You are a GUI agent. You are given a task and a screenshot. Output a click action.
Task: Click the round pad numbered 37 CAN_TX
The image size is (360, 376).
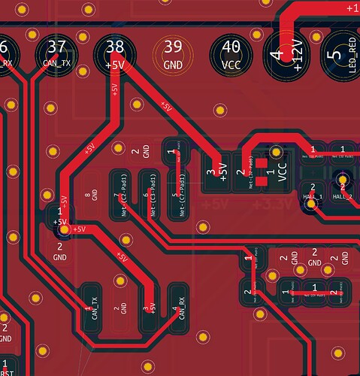[x=56, y=55]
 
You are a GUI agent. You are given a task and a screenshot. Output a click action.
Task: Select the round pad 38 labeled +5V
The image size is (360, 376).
[x=115, y=55]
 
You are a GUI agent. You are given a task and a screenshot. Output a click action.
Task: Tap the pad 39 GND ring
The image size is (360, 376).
[x=173, y=55]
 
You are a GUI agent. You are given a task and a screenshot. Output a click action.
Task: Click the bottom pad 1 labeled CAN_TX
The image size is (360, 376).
[x=91, y=308]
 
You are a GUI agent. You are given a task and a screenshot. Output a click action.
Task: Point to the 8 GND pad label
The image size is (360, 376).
[x=92, y=197]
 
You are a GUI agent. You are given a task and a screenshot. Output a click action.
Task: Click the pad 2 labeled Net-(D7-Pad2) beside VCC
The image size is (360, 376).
[x=245, y=171]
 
